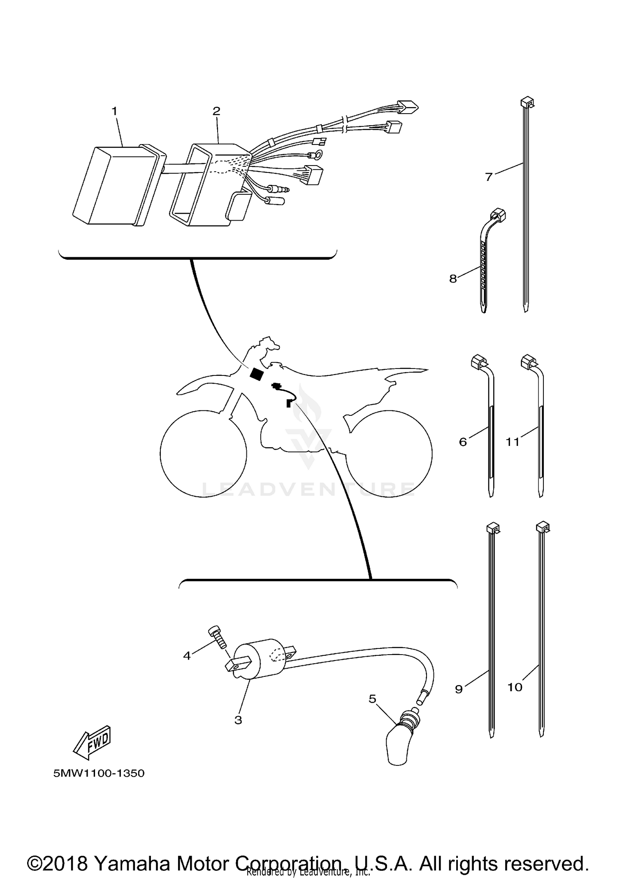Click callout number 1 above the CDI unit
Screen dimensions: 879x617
click(114, 111)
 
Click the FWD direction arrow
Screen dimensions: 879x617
click(92, 743)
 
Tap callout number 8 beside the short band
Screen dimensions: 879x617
click(453, 279)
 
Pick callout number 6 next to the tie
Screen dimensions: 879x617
click(463, 442)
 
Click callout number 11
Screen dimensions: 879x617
click(513, 442)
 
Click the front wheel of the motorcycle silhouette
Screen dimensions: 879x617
click(203, 454)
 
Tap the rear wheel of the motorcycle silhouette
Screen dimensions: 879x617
click(389, 454)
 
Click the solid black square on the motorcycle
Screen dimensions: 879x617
click(257, 374)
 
